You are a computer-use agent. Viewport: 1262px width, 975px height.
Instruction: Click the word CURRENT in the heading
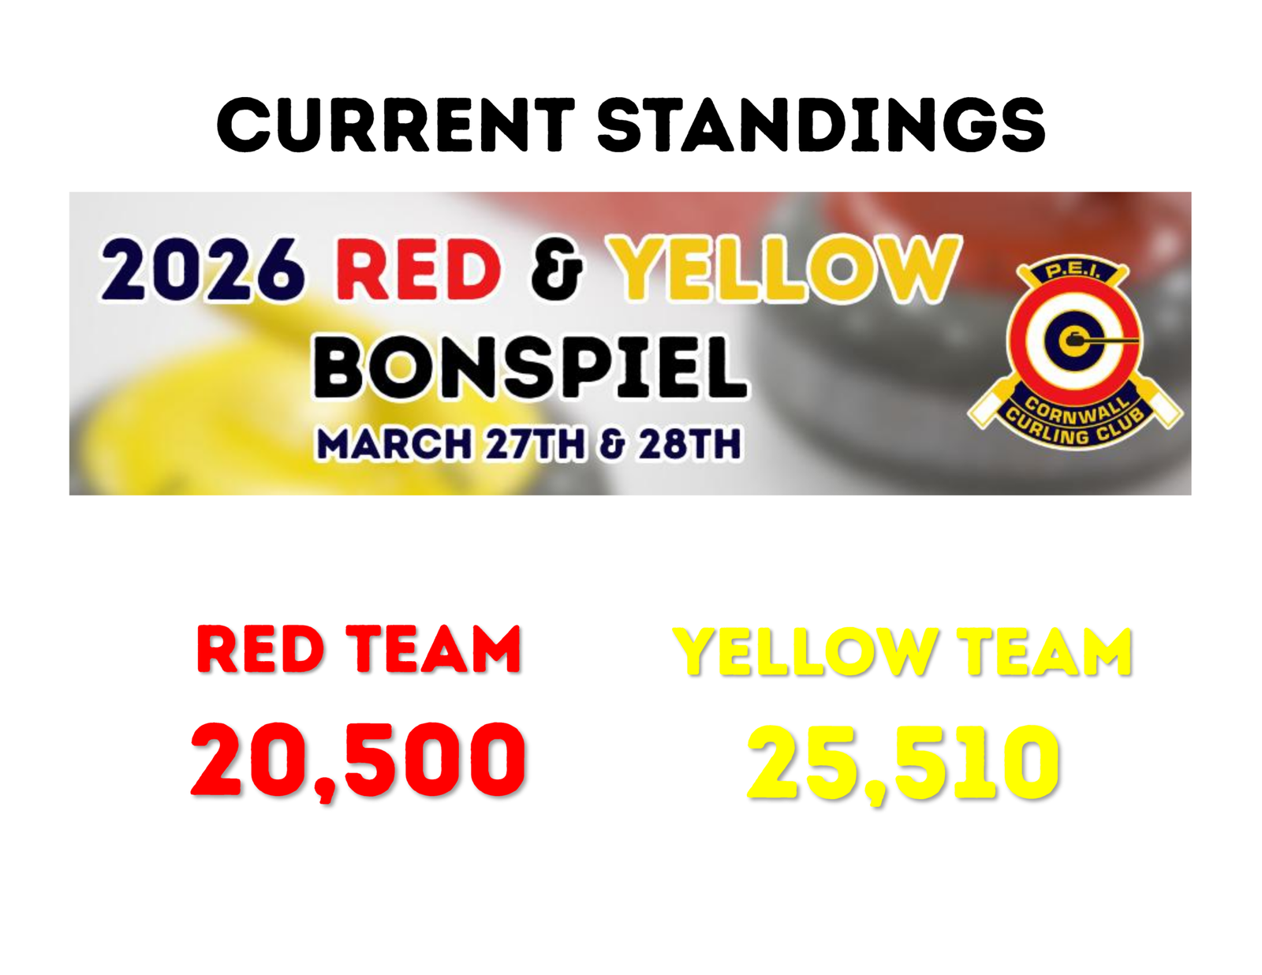coord(395,125)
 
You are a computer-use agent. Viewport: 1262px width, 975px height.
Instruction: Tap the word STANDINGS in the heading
coord(821,125)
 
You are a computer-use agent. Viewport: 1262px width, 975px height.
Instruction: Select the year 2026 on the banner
coord(201,269)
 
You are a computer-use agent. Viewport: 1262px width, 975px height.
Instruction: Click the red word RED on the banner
coord(418,269)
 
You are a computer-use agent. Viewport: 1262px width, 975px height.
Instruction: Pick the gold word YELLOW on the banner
coord(783,269)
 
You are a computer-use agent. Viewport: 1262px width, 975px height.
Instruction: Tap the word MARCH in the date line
coord(393,443)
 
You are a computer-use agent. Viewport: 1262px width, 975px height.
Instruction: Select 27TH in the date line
coord(535,443)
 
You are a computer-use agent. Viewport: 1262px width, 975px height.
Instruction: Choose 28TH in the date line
coord(689,443)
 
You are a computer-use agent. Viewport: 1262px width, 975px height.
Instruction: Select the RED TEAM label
coord(358,649)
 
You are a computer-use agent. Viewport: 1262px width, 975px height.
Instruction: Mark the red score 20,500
coord(358,759)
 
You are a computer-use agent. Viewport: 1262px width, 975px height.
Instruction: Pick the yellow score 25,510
coord(904,763)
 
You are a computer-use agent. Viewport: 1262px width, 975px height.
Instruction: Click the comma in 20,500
coord(328,789)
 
